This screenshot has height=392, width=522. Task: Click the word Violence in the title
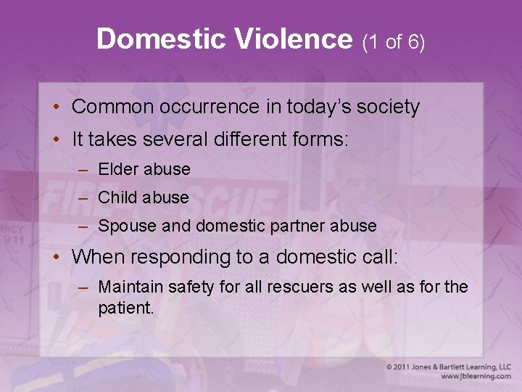(x=293, y=39)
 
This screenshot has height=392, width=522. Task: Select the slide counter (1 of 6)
(x=393, y=42)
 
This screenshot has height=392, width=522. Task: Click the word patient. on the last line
(x=126, y=307)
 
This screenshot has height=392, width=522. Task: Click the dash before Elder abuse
(x=84, y=170)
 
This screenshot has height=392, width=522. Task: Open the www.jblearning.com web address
(x=475, y=377)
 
